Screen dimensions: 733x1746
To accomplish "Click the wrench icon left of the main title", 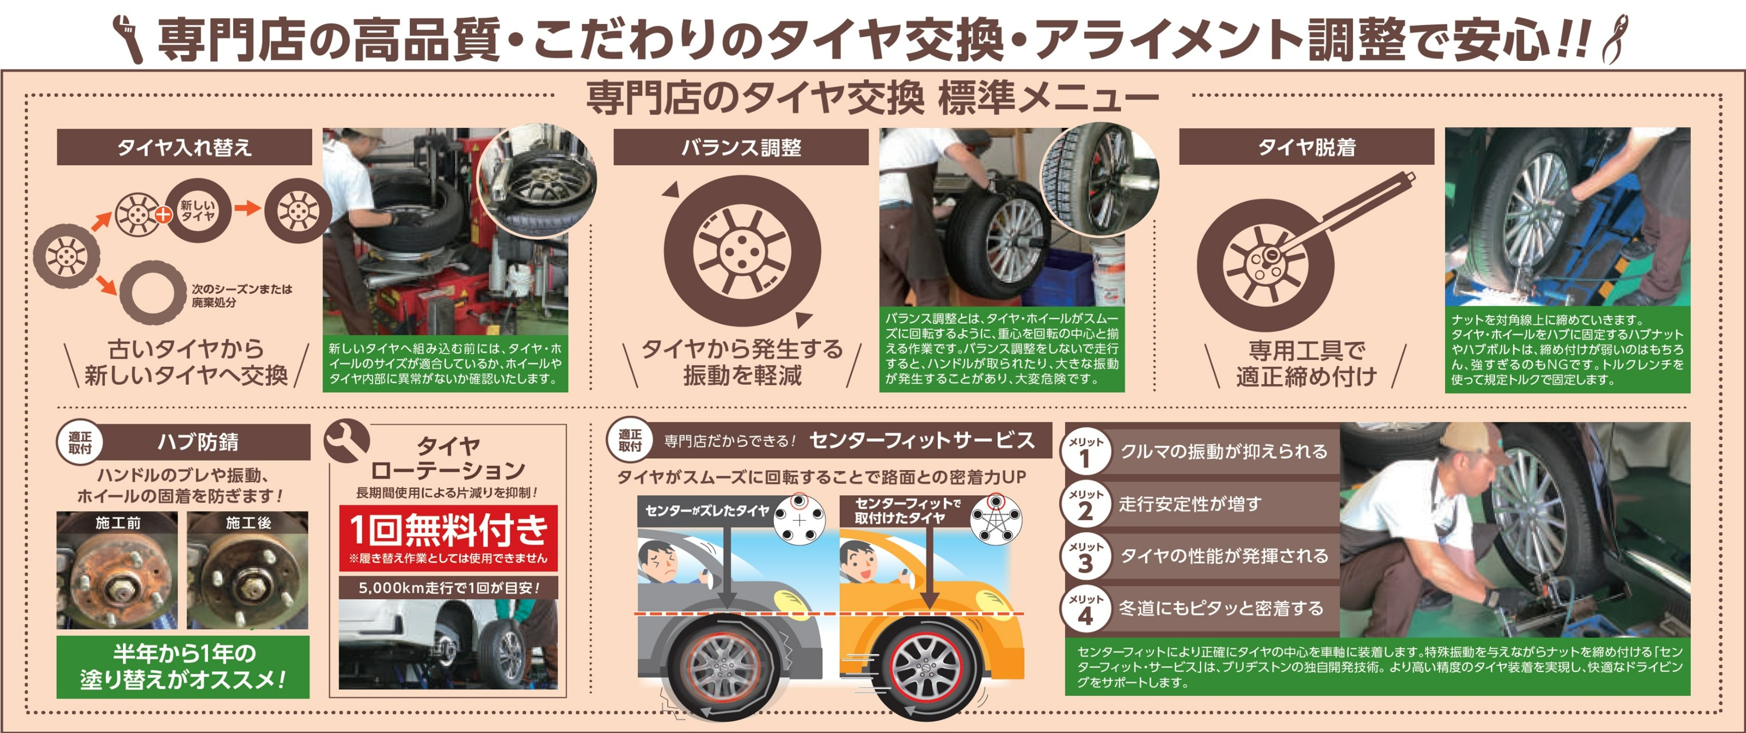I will (x=127, y=39).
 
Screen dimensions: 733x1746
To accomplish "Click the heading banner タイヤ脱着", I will (x=1306, y=147).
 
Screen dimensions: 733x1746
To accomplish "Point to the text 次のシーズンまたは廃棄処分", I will (x=241, y=295).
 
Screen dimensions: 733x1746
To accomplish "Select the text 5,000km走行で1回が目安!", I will (x=448, y=587).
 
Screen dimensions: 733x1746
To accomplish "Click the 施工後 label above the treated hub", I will (x=248, y=522).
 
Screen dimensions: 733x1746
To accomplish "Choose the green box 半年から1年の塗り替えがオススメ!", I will (x=182, y=667).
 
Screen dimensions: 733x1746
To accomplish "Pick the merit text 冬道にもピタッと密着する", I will (x=1221, y=608).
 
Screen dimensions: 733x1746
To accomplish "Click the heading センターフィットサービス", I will (x=922, y=440).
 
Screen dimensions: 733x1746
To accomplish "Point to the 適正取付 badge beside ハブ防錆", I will (x=79, y=443).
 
